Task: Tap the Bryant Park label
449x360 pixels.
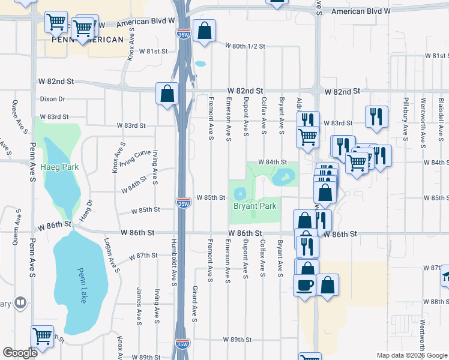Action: pos(255,206)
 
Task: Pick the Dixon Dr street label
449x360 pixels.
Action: pos(52,99)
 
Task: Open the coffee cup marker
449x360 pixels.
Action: pos(304,284)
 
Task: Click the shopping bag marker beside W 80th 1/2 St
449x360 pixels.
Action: pos(204,32)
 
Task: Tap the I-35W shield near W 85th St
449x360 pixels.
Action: pos(184,203)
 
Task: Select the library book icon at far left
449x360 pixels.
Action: pos(20,302)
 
